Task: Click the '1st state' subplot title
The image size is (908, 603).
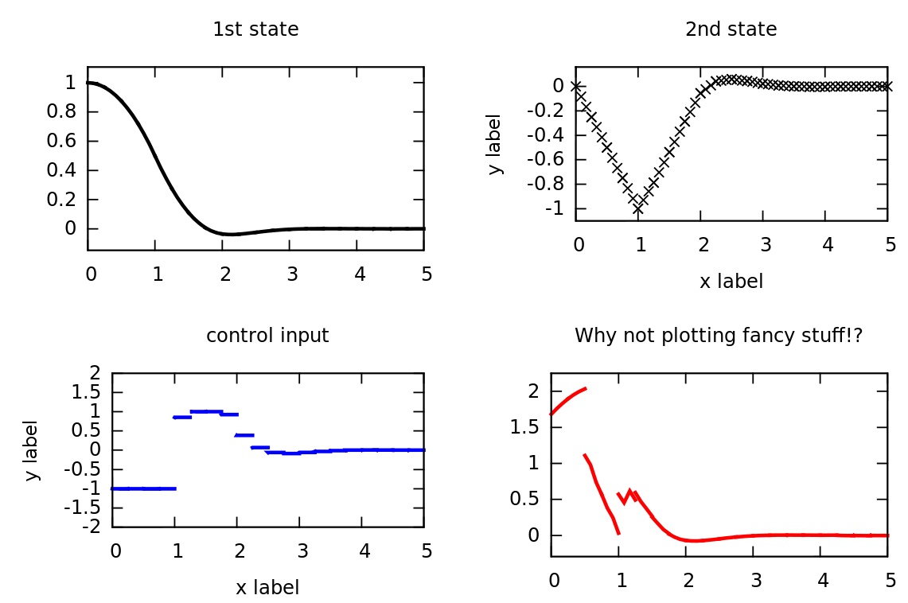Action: [x=255, y=30]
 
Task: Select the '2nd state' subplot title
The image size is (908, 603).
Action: [x=731, y=30]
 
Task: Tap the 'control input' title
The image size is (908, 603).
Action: [x=267, y=336]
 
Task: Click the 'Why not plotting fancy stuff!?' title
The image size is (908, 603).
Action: [x=719, y=336]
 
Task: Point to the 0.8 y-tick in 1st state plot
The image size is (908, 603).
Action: [x=64, y=112]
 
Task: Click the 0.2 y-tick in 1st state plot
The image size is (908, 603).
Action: [x=64, y=200]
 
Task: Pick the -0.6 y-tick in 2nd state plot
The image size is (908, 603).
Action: [x=545, y=159]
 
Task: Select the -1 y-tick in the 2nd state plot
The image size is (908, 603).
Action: [x=552, y=208]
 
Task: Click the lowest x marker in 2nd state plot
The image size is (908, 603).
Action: [x=638, y=208]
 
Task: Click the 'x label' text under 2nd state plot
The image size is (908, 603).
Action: [x=731, y=282]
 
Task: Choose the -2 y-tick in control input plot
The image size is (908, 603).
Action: [x=94, y=527]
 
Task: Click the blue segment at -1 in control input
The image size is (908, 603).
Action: [x=143, y=488]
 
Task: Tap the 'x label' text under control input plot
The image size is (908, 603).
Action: [x=267, y=588]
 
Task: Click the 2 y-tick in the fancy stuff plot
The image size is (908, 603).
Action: [x=532, y=391]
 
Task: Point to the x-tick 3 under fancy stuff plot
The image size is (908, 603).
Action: [x=755, y=580]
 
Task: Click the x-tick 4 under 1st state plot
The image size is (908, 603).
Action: [x=360, y=274]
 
